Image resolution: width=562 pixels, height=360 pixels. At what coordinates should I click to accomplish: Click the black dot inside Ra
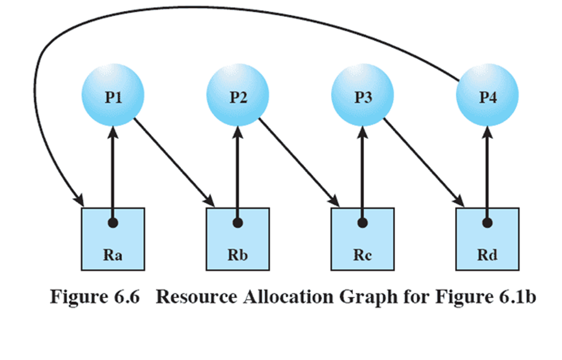[x=113, y=222]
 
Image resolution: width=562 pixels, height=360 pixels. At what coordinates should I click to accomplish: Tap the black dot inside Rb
[x=238, y=222]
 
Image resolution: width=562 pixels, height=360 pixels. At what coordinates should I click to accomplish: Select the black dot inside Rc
[x=362, y=222]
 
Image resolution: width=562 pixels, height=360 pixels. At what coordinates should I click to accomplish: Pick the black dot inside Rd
[x=487, y=222]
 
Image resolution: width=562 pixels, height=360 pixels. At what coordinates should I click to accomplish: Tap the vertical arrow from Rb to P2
[x=238, y=172]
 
